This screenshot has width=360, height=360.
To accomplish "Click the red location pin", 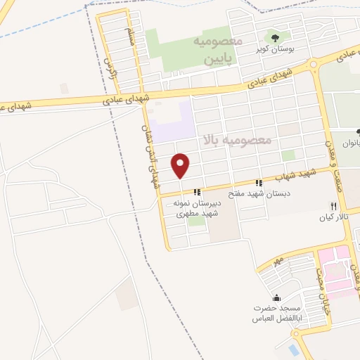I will tap(181, 165).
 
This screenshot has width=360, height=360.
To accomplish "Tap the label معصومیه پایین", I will tap(219, 51).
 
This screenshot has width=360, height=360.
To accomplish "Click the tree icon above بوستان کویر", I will tap(274, 37).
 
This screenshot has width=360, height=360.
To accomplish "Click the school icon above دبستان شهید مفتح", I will tap(259, 182).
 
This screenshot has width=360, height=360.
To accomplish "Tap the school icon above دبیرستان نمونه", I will tap(198, 191).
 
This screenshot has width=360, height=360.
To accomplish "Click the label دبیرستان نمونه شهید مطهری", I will tap(197, 207).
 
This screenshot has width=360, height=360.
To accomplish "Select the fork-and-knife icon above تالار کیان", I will tap(333, 206).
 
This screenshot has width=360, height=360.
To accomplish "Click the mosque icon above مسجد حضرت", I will tap(276, 297).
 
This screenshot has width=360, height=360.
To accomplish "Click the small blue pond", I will tap(292, 349).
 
